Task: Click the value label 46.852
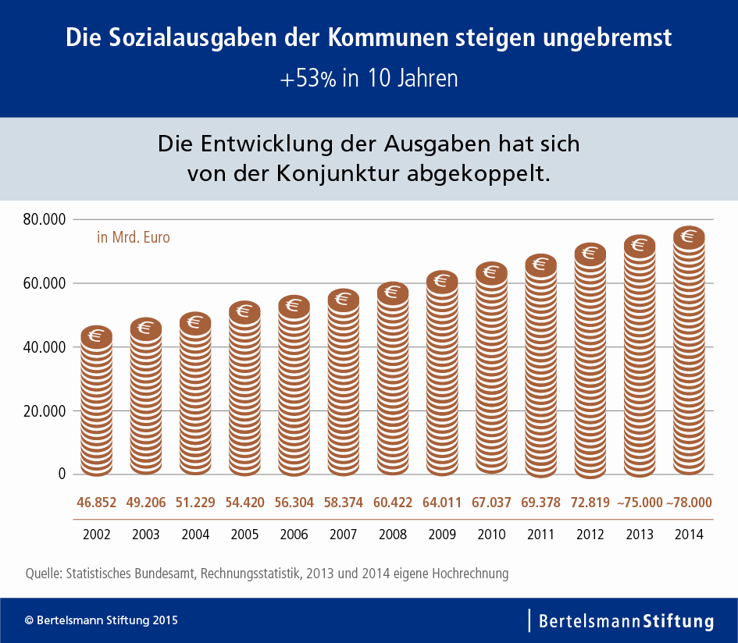[96, 503]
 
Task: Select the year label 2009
[442, 535]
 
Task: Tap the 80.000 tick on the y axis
[45, 220]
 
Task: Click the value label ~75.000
[640, 503]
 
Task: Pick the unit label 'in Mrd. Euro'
[133, 237]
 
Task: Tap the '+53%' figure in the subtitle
[309, 79]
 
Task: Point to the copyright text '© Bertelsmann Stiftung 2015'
[102, 621]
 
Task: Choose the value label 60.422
[393, 503]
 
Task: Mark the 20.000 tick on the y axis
[45, 410]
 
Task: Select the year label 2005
[244, 535]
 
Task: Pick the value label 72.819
[590, 503]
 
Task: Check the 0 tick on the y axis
[61, 474]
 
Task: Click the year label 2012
[590, 535]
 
